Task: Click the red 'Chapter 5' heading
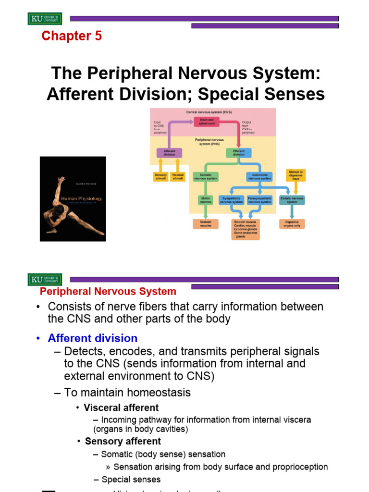pyautogui.click(x=72, y=36)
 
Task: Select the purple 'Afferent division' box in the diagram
pyautogui.click(x=169, y=153)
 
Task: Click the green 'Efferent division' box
pyautogui.click(x=239, y=153)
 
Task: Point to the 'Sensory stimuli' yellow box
pyautogui.click(x=160, y=177)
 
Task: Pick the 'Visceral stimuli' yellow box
pyautogui.click(x=177, y=177)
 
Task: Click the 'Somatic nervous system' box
pyautogui.click(x=206, y=177)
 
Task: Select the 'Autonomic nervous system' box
pyautogui.click(x=259, y=177)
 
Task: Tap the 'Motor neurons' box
pyautogui.click(x=206, y=200)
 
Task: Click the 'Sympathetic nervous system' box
pyautogui.click(x=232, y=200)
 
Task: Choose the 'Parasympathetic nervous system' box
pyautogui.click(x=260, y=200)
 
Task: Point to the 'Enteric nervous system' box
pyautogui.click(x=292, y=200)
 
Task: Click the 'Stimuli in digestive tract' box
pyautogui.click(x=295, y=175)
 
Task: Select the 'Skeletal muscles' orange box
pyautogui.click(x=206, y=224)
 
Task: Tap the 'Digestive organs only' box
pyautogui.click(x=292, y=224)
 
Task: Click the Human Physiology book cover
pyautogui.click(x=73, y=198)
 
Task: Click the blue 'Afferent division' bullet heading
pyautogui.click(x=92, y=338)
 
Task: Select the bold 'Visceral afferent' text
pyautogui.click(x=121, y=408)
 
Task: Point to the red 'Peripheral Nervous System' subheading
pyautogui.click(x=108, y=292)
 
